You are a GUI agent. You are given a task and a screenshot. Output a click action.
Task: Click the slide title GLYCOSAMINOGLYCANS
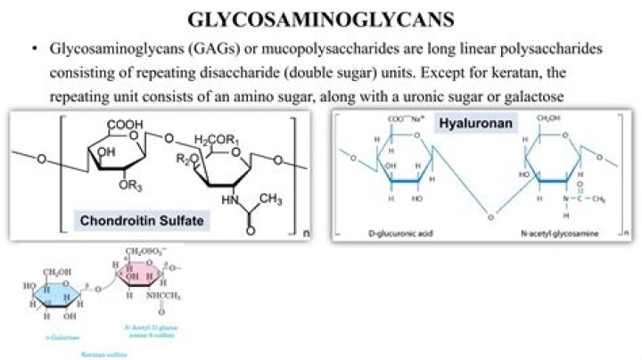[321, 20]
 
